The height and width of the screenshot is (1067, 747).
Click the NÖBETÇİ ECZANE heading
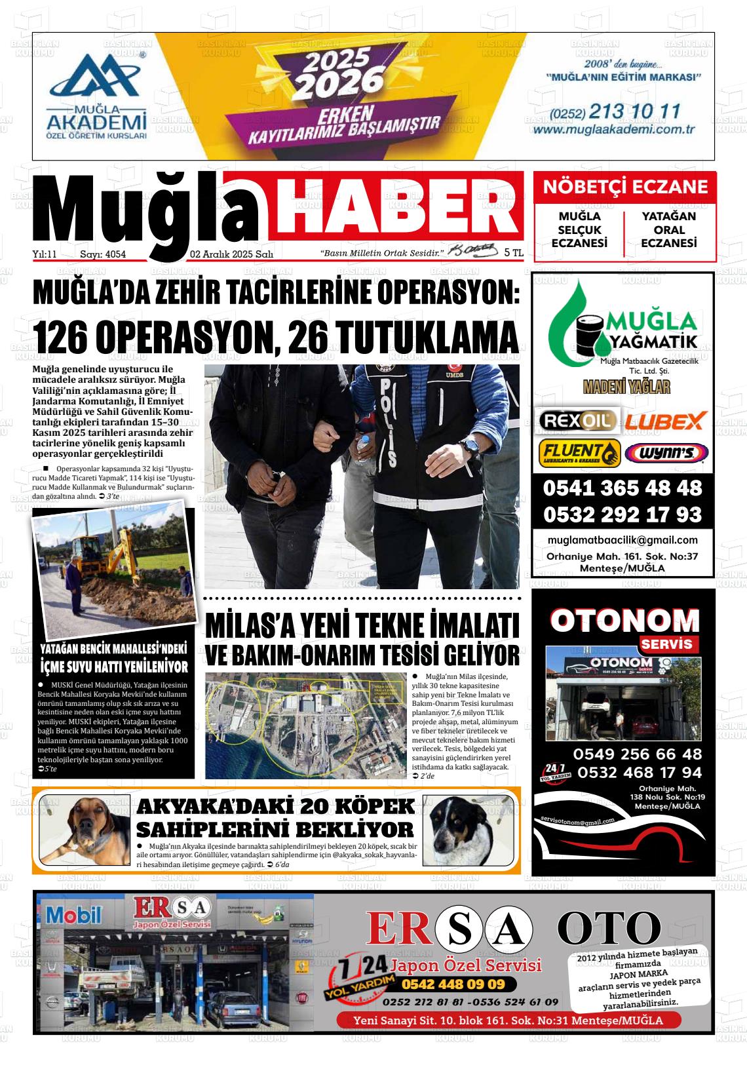(x=625, y=187)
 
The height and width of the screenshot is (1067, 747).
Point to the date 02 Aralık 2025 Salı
(x=231, y=254)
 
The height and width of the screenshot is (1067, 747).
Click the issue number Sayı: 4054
(x=103, y=254)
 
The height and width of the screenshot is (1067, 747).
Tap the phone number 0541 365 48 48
(x=622, y=488)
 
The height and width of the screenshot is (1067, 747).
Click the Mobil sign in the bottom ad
(x=73, y=914)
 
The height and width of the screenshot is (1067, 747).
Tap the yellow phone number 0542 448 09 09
(x=453, y=984)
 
